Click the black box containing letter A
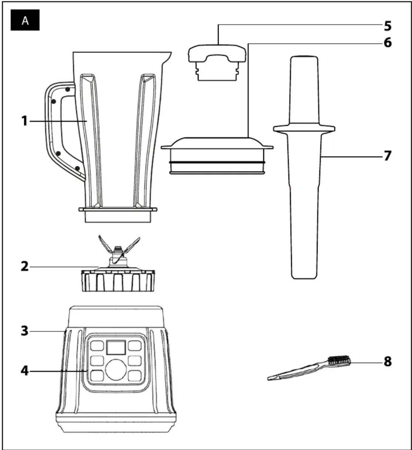[x=25, y=20]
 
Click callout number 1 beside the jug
[x=25, y=121]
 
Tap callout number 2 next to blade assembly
[x=25, y=266]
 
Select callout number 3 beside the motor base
[x=25, y=331]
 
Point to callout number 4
[x=25, y=371]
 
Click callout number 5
[x=388, y=26]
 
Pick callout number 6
[x=388, y=43]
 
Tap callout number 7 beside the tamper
[x=388, y=155]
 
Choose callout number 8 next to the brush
[x=388, y=362]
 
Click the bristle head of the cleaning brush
[x=339, y=361]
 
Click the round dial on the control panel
[x=116, y=369]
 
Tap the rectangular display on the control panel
[x=116, y=347]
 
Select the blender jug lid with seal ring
[x=217, y=155]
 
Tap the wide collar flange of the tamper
[x=304, y=128]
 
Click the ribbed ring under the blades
[x=118, y=280]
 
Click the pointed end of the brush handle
[x=269, y=378]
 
